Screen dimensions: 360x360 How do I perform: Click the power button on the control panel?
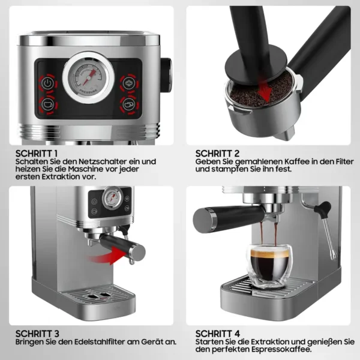coord(48,83)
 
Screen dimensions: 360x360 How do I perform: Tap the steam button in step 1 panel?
coord(129,83)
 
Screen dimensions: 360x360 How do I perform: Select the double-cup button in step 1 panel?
coord(129,104)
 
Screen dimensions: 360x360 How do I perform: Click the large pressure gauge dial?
coord(88,77)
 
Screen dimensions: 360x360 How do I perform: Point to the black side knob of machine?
coord(166,75)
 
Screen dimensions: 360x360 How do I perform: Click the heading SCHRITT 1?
coord(37,154)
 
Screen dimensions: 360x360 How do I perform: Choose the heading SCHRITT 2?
coord(217,154)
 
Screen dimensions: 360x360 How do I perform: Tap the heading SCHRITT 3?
coord(37,334)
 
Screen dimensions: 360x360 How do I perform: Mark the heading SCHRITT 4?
coord(218,334)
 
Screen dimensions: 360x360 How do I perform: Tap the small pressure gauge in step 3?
coord(113,197)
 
